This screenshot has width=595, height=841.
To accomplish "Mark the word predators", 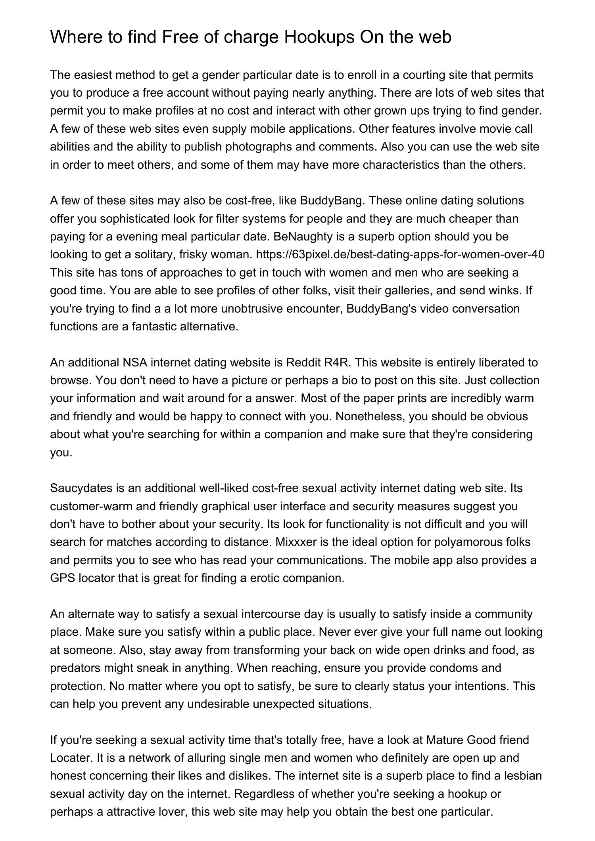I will point(75,668).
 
